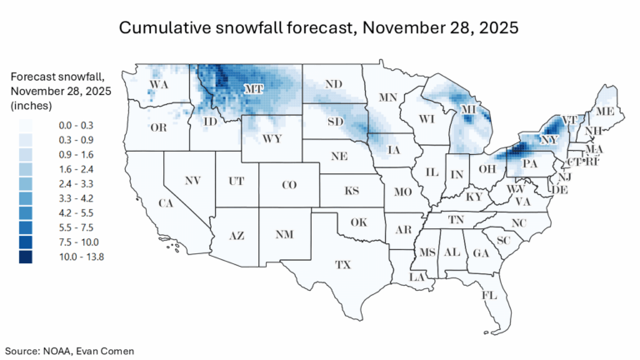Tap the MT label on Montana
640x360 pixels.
point(253,87)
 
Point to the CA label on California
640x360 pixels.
point(167,202)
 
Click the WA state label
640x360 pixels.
point(157,83)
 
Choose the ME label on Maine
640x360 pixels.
point(605,111)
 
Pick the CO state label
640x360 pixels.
point(288,184)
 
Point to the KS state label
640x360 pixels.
point(352,191)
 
